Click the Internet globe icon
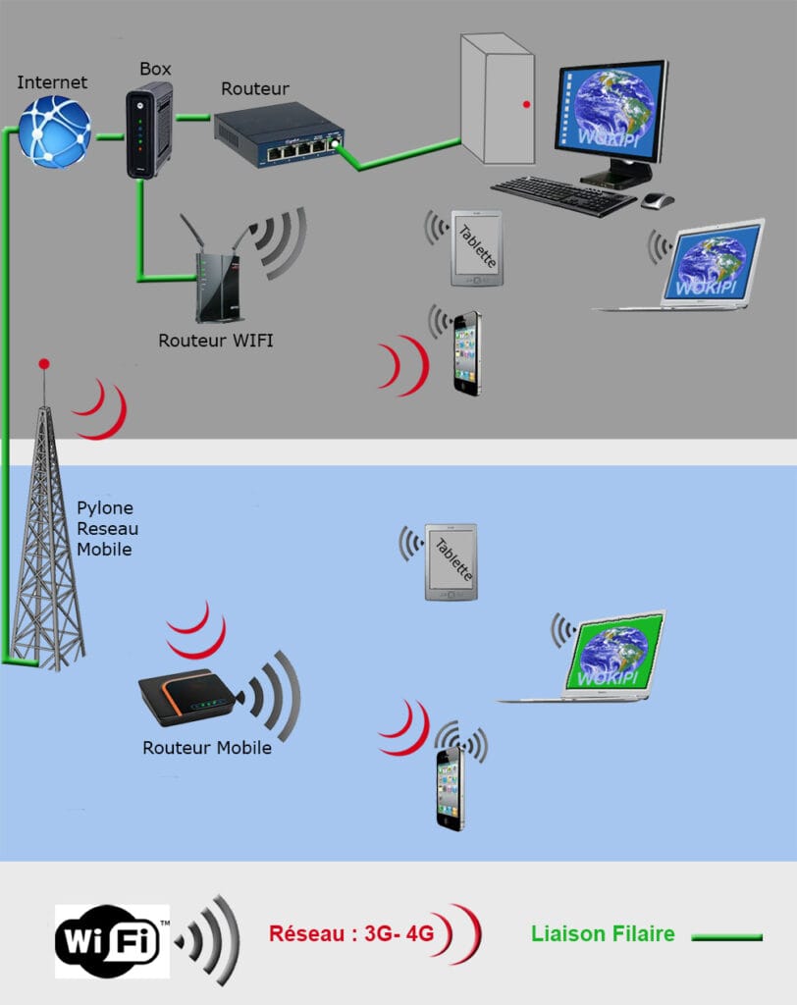(x=54, y=131)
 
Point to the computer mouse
(x=658, y=200)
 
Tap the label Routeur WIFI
(x=216, y=341)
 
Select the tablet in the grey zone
(x=476, y=247)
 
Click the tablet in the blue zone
(x=451, y=561)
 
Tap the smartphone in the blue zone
(x=450, y=788)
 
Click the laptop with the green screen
(x=609, y=656)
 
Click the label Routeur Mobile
(x=206, y=747)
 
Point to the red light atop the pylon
(x=43, y=364)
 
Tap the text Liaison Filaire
(x=603, y=933)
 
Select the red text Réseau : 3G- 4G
(x=351, y=933)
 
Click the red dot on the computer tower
(x=527, y=103)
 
